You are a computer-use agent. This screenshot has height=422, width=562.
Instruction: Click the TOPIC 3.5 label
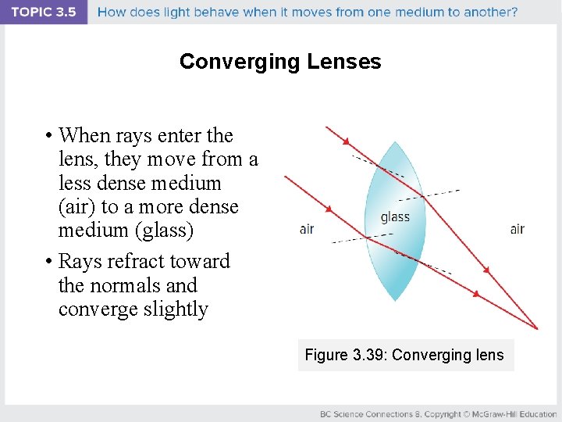(44, 12)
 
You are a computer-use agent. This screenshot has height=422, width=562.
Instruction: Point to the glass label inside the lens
(395, 217)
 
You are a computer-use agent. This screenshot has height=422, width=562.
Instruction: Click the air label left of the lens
(307, 229)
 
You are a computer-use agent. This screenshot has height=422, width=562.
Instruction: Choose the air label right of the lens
(517, 229)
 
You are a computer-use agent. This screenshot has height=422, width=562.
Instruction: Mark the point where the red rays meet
(537, 328)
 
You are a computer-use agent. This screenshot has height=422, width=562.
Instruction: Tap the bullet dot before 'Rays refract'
(48, 261)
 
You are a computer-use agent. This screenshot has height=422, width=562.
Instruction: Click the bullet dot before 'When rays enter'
(48, 135)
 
